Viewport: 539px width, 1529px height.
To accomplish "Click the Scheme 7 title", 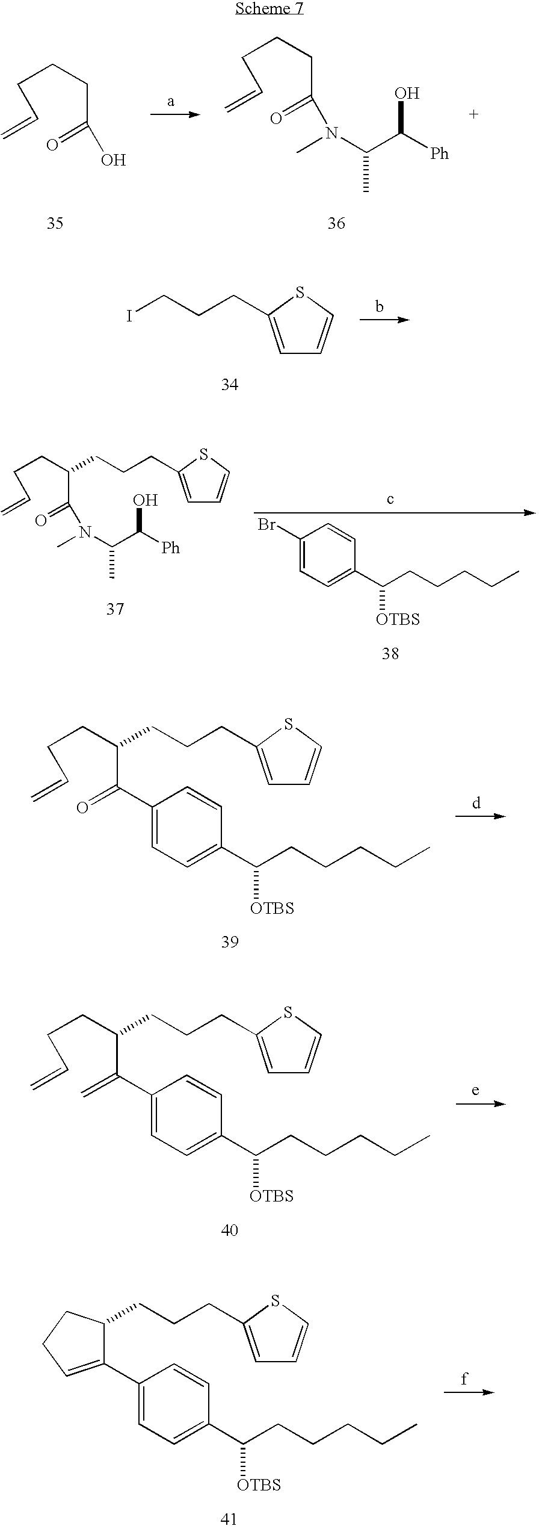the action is (x=269, y=8).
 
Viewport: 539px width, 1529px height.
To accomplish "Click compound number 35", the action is (x=55, y=223).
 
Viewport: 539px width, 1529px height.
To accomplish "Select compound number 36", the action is (x=336, y=223).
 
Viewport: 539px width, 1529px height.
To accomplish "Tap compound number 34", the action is (x=229, y=384).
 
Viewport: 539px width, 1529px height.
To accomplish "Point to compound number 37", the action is (x=115, y=609).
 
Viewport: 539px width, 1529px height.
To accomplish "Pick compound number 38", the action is (x=390, y=653).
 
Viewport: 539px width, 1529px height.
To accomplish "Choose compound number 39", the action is (x=230, y=941).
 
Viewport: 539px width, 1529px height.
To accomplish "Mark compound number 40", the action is (x=230, y=1230).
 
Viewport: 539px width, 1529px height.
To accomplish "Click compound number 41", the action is (x=229, y=1519).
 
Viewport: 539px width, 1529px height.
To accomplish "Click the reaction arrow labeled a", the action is (x=174, y=113).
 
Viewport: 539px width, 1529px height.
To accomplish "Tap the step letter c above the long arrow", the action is (x=390, y=500).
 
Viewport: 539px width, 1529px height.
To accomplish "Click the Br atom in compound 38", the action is (x=267, y=525).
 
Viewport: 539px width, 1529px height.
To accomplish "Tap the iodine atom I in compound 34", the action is (x=129, y=316).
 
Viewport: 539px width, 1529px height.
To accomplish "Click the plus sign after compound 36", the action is (x=473, y=114).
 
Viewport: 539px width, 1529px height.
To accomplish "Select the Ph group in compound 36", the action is (x=439, y=154).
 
